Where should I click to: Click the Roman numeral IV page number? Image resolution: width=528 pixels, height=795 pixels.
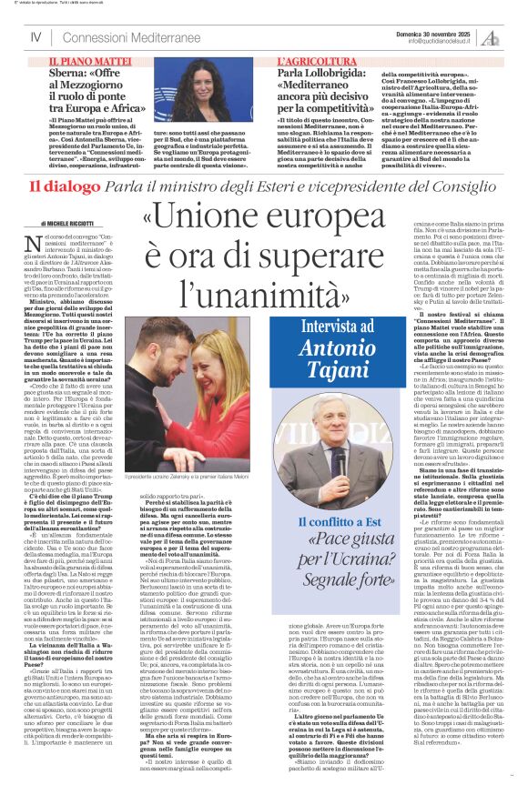pos(36,36)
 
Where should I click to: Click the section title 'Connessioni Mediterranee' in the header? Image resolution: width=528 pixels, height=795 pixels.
pos(123,36)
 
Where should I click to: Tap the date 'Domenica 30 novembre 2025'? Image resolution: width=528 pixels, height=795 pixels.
pos(444,31)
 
